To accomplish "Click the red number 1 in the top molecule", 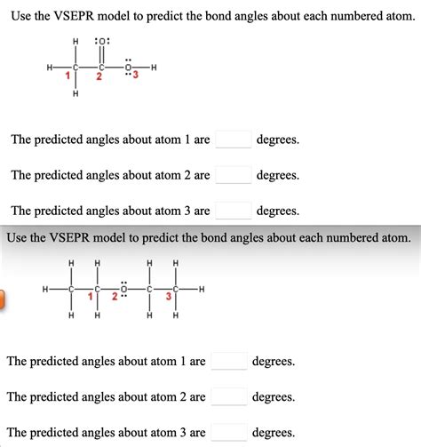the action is click(68, 77).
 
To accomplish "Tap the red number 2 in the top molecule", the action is click(99, 77).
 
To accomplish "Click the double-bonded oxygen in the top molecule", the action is click(102, 42).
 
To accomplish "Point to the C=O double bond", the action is click(102, 54).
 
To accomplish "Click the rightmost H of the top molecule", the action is click(155, 68).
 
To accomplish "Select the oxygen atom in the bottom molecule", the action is click(125, 289).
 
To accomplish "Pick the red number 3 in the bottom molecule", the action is click(169, 297).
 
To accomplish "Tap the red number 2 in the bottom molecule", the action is click(115, 297).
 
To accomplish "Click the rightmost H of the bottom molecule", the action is click(202, 289).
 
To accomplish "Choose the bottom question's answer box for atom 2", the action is click(229, 396).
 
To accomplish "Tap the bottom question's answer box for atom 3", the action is click(229, 433).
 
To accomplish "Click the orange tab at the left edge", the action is click(3, 299).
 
